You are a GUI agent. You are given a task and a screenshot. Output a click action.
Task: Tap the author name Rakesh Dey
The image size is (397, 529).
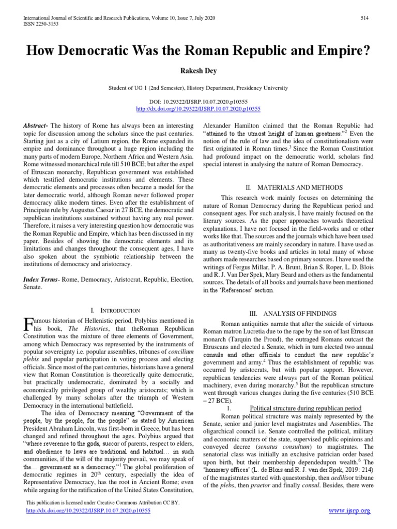198,71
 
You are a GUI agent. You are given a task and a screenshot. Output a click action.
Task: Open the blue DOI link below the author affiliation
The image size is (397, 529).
198,109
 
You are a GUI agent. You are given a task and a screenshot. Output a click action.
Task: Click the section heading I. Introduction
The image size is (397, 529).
115,310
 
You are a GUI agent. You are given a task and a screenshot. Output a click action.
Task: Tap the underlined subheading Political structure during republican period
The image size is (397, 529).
303,408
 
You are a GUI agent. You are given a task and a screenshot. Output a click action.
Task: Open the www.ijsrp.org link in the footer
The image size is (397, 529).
350,511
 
